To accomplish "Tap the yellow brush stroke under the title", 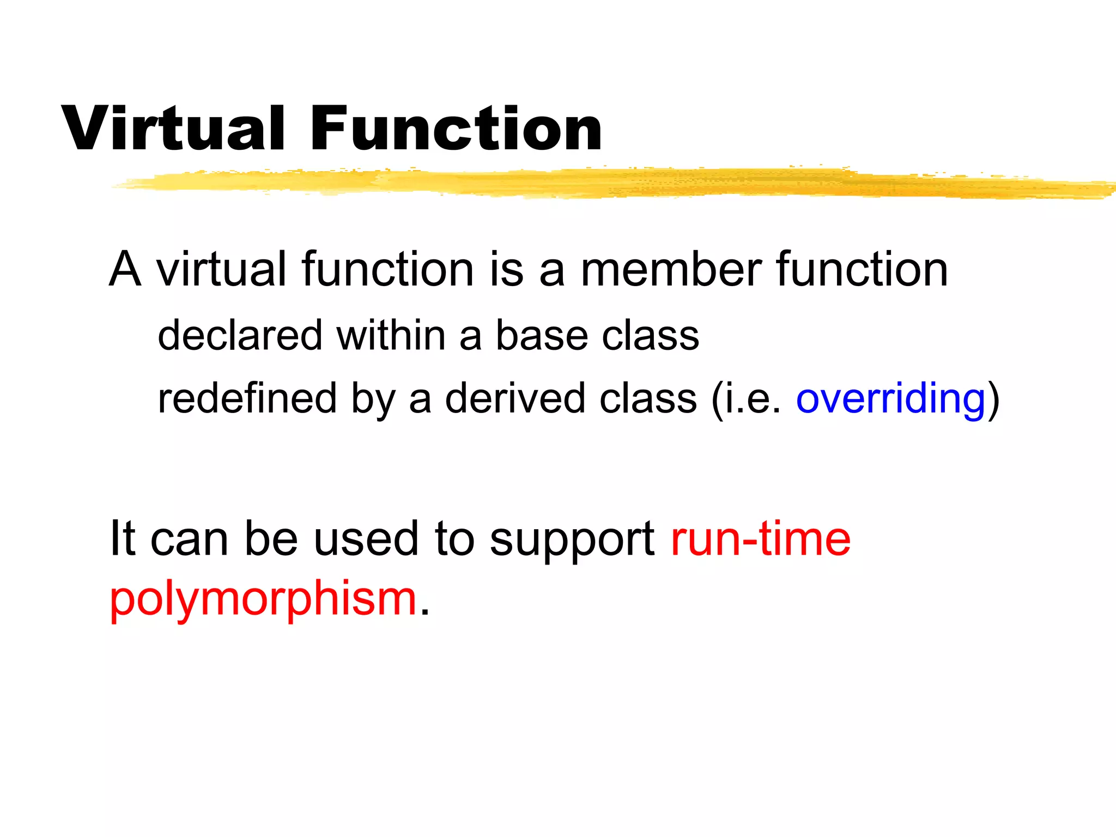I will click(x=599, y=183).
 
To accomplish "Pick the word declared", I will click(x=240, y=335).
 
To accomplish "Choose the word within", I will click(x=391, y=335).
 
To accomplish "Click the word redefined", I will click(x=247, y=398).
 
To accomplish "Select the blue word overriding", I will click(x=890, y=398).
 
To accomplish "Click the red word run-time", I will click(x=760, y=539).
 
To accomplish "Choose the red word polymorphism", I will click(x=263, y=599).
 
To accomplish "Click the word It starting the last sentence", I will click(x=122, y=539).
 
